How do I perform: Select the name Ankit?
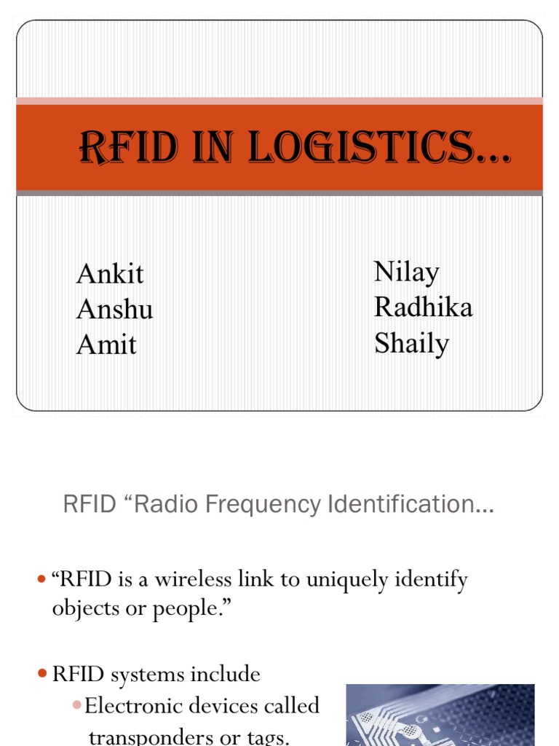pyautogui.click(x=110, y=274)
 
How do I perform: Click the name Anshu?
pyautogui.click(x=114, y=309)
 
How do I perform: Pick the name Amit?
pyautogui.click(x=106, y=344)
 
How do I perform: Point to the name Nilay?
pyautogui.click(x=407, y=272)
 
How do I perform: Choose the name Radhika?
pyautogui.click(x=423, y=307)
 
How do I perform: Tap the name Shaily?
pyautogui.click(x=411, y=342)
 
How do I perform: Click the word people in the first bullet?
pyautogui.click(x=185, y=608)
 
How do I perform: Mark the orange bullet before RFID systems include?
pyautogui.click(x=41, y=675)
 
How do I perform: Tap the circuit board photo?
pyautogui.click(x=440, y=715)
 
